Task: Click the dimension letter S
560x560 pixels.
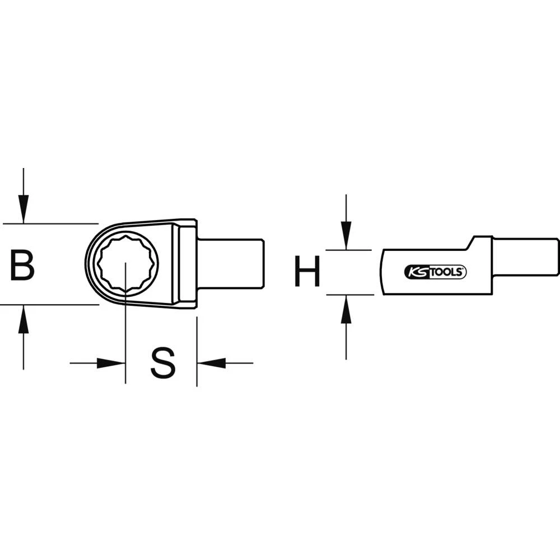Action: [x=163, y=363]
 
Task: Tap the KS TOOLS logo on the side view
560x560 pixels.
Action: [x=435, y=272]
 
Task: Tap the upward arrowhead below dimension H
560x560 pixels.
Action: [x=346, y=309]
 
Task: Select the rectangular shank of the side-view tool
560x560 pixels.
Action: [x=524, y=256]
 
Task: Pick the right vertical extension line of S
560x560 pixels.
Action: [x=197, y=353]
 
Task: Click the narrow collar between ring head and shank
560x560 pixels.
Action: [x=188, y=264]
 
